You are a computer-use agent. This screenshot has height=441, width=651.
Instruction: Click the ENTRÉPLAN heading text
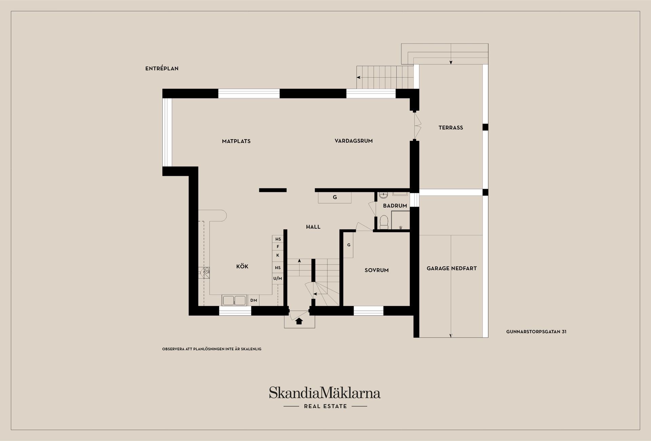click(x=162, y=68)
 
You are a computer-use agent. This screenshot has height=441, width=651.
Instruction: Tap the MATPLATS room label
click(x=236, y=141)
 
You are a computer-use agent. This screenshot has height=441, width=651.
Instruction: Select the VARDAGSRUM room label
click(x=354, y=141)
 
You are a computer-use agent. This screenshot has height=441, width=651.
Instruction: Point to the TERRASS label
click(x=451, y=128)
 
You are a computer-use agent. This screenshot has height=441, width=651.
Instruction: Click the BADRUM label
click(x=395, y=206)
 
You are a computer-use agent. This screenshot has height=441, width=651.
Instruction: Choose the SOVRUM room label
click(x=377, y=270)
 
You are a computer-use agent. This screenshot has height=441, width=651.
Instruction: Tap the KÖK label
click(x=242, y=266)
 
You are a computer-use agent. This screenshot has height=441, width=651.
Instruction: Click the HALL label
click(x=313, y=227)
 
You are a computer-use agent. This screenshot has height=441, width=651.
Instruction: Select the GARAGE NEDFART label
click(x=452, y=268)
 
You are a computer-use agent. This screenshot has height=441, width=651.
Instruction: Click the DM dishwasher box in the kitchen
click(x=254, y=300)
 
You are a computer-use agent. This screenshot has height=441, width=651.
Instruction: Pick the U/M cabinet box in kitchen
click(x=278, y=278)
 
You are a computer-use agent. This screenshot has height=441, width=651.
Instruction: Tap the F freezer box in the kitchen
click(x=278, y=247)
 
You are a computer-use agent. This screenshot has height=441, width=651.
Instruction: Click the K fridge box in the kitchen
click(x=278, y=255)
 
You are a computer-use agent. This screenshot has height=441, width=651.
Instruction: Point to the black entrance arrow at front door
click(x=299, y=321)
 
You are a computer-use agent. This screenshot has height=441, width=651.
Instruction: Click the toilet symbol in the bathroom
click(x=384, y=222)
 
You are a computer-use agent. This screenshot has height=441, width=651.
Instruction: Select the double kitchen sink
click(x=234, y=300)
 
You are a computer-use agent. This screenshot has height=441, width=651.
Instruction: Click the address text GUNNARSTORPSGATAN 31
click(x=536, y=332)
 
